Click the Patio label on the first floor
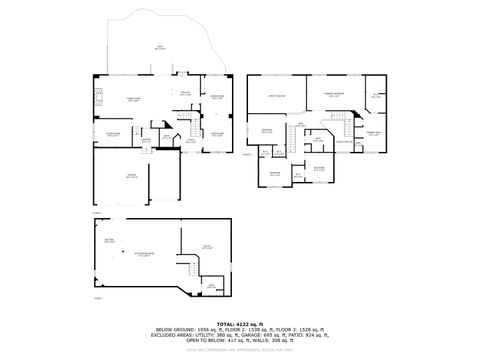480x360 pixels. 157,46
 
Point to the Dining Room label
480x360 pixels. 216,97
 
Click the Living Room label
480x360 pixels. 216,133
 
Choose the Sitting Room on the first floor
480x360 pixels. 113,133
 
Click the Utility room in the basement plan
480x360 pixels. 205,246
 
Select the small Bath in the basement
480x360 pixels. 211,285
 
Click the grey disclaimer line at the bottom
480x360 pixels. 240,350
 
